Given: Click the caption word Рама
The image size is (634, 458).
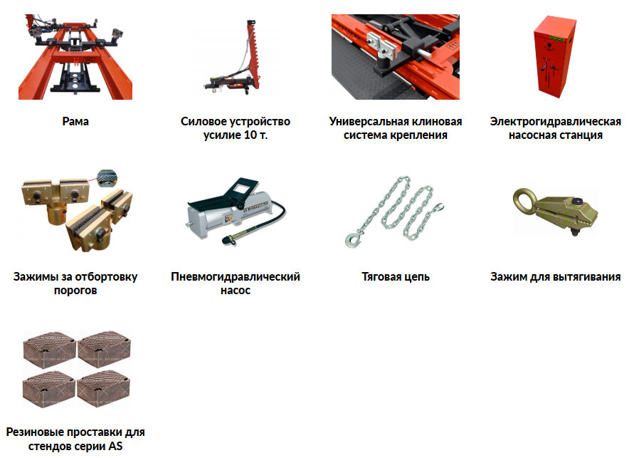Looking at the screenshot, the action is pyautogui.click(x=75, y=121).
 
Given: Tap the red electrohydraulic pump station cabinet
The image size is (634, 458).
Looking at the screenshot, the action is pyautogui.click(x=554, y=57).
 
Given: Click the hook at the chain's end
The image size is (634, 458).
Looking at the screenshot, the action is pyautogui.click(x=353, y=239).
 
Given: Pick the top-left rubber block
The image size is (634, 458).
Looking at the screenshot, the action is pyautogui.click(x=49, y=349).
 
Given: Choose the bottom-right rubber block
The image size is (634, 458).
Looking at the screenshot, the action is pyautogui.click(x=103, y=388).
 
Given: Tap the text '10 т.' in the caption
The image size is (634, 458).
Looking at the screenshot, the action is pyautogui.click(x=255, y=135).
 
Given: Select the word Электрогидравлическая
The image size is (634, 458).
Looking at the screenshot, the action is pyautogui.click(x=556, y=121).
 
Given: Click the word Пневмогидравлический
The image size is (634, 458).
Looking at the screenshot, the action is pyautogui.click(x=236, y=277).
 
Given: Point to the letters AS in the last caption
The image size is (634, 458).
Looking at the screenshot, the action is pyautogui.click(x=115, y=447).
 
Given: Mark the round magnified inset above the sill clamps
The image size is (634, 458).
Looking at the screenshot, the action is pyautogui.click(x=107, y=178).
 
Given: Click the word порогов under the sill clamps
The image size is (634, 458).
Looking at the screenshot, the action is pyautogui.click(x=75, y=291).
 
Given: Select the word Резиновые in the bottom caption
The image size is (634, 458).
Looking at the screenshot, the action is pyautogui.click(x=35, y=432).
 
